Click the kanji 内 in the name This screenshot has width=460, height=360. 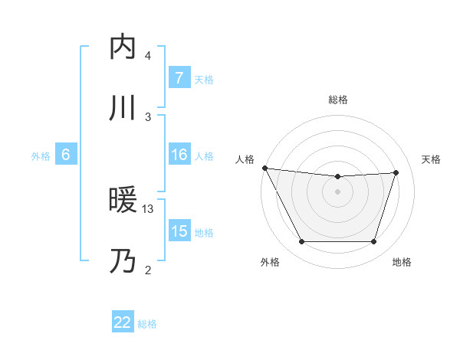click(x=123, y=47)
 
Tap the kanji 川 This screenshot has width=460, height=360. click(x=123, y=108)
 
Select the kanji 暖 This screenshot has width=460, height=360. click(x=123, y=201)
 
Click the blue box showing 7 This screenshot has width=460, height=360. click(x=179, y=78)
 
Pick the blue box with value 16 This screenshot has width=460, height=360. click(x=179, y=155)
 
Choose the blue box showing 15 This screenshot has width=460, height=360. click(x=179, y=231)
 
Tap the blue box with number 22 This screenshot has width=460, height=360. click(x=123, y=322)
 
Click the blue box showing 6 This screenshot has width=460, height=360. click(x=66, y=155)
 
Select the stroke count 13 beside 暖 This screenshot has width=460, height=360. click(x=148, y=208)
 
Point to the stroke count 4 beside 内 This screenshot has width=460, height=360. click(x=148, y=55)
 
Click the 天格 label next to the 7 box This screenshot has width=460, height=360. click(x=204, y=79)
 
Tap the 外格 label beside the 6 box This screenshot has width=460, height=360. click(x=41, y=155)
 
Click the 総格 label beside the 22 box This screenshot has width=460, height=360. click(x=147, y=323)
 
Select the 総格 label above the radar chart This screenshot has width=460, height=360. click(x=338, y=100)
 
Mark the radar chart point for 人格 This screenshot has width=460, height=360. click(x=264, y=168)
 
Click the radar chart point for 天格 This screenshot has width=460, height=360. click(x=396, y=172)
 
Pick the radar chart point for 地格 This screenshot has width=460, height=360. click(x=374, y=242)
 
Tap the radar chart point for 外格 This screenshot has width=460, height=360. click(x=301, y=242)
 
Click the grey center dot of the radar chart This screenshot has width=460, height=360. click(x=338, y=191)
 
